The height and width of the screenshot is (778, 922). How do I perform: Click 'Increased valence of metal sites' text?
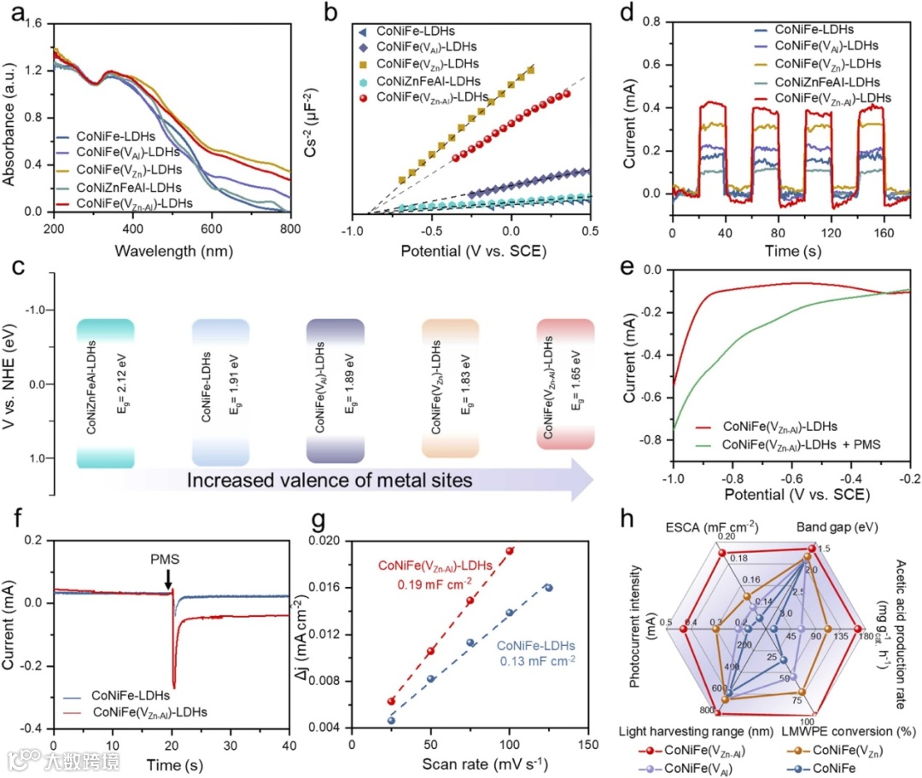point(330,480)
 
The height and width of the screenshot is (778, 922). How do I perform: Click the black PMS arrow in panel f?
point(169,579)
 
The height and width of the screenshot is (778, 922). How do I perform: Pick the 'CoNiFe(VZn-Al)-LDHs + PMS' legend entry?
point(801,444)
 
